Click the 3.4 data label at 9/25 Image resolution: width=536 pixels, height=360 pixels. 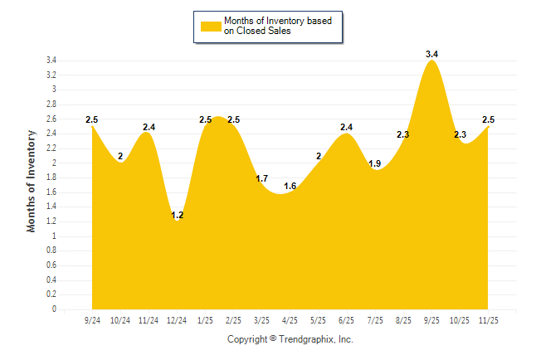[x=431, y=54]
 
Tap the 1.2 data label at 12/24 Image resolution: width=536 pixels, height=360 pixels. [x=177, y=215]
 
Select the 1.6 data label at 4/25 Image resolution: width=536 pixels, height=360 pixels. [x=290, y=186]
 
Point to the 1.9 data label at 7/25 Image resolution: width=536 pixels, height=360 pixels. [x=375, y=163]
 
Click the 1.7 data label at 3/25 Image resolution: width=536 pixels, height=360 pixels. [x=261, y=178]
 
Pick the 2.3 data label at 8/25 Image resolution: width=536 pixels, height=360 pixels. [x=403, y=134]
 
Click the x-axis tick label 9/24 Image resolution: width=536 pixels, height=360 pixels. [x=92, y=319]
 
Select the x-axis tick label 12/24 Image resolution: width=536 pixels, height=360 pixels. [x=177, y=319]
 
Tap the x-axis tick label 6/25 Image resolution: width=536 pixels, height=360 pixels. [x=347, y=319]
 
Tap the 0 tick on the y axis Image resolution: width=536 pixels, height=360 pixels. [x=54, y=309]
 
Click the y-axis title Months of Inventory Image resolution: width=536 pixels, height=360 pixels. [x=32, y=181]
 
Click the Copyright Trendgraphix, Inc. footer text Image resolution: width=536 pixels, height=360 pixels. [x=290, y=339]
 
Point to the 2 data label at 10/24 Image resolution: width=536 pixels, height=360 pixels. [x=120, y=156]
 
